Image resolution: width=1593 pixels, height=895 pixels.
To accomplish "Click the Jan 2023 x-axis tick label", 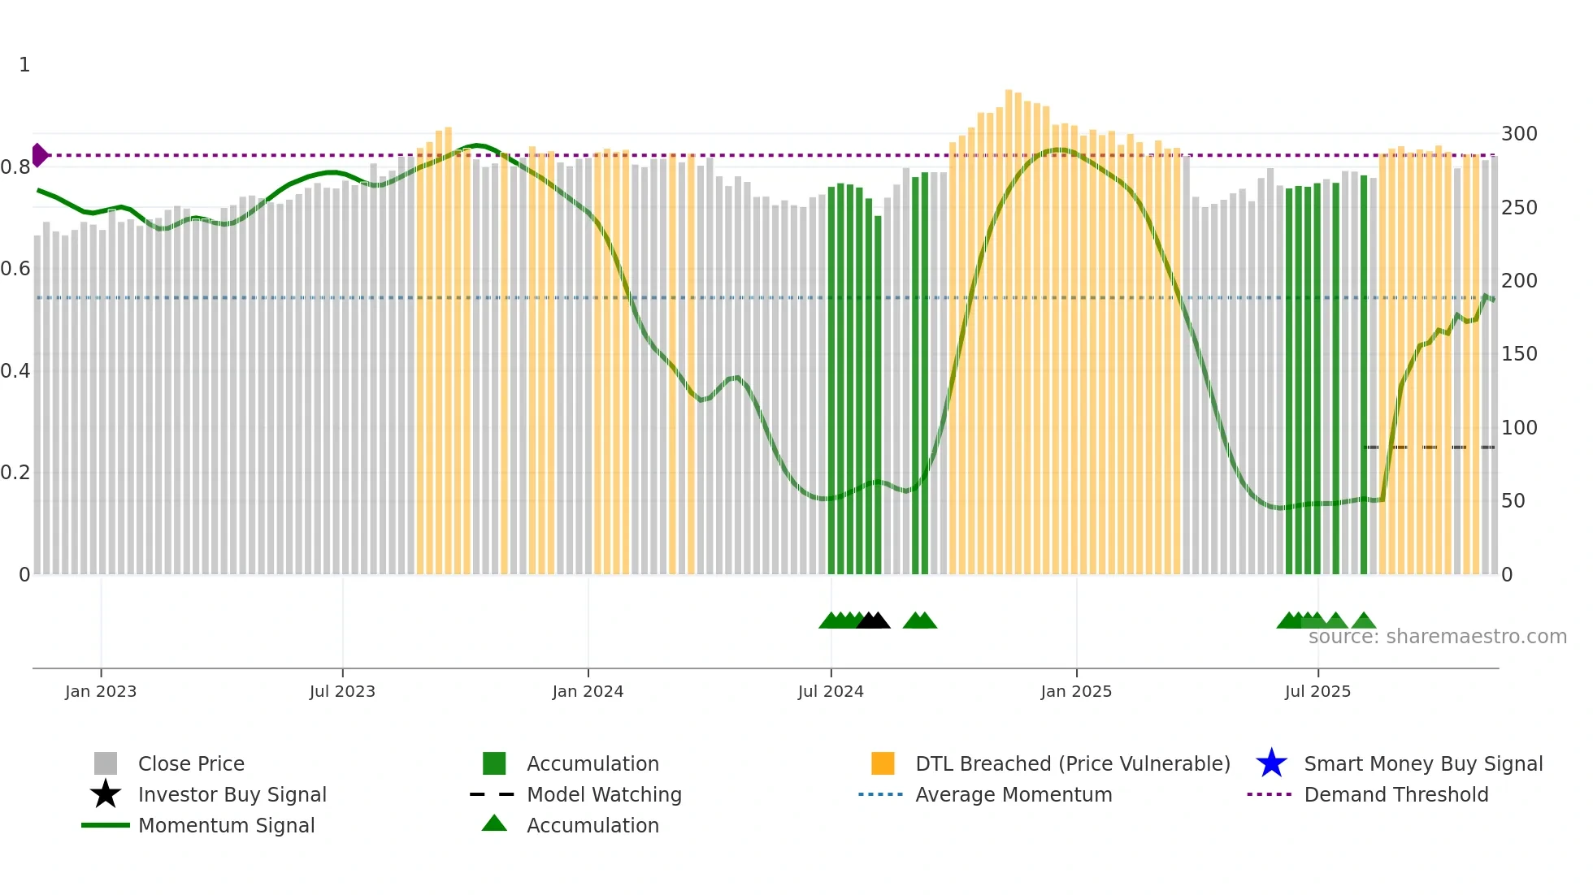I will click(x=101, y=691).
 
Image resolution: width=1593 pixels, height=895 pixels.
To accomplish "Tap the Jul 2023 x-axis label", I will click(x=342, y=691).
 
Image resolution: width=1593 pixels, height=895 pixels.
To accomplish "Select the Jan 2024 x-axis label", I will click(x=588, y=691).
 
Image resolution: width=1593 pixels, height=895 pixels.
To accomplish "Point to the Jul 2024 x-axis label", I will click(x=831, y=691).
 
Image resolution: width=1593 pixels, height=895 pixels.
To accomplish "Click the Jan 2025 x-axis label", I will click(x=1076, y=691).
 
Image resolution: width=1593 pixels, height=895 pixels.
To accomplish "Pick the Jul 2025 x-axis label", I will click(x=1317, y=691).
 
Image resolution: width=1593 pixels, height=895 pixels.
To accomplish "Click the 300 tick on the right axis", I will click(x=1519, y=134).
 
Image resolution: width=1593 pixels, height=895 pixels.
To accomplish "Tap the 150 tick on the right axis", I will click(x=1519, y=354).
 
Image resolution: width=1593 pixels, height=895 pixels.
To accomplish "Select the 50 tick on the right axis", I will click(x=1513, y=501).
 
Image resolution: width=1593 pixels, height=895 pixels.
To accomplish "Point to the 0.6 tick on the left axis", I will click(x=15, y=269).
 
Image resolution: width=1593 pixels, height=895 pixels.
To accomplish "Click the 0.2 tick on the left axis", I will click(x=15, y=473).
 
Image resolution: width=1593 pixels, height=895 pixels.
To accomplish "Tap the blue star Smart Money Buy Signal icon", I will click(x=1271, y=763).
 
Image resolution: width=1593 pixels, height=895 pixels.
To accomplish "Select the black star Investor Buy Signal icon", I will click(x=106, y=794).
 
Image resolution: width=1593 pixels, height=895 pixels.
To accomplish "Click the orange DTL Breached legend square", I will click(x=883, y=763).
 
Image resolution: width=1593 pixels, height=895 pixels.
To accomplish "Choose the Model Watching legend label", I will click(x=604, y=794).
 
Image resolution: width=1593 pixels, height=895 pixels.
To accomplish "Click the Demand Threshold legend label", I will click(x=1396, y=794).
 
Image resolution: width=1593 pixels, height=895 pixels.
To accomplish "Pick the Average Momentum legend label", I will click(x=1014, y=794).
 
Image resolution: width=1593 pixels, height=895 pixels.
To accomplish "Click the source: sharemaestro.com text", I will click(x=1437, y=637).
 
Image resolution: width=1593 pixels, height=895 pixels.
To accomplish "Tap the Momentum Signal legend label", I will click(x=226, y=825).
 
